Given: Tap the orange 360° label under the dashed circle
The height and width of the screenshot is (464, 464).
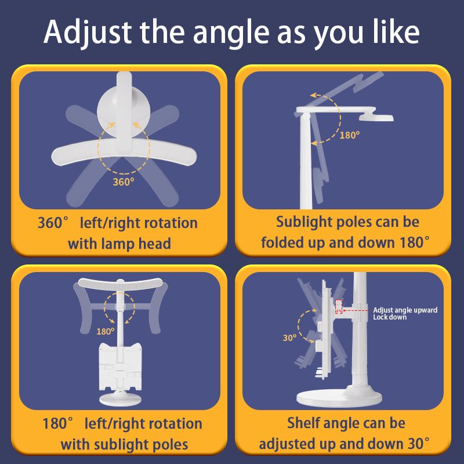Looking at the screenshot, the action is pyautogui.click(x=124, y=182).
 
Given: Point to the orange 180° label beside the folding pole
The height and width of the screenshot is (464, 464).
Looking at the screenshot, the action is pyautogui.click(x=350, y=135).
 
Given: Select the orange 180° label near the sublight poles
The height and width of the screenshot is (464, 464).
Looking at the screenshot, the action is pyautogui.click(x=106, y=331).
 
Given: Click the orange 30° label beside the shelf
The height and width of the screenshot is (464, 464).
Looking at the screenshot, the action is pyautogui.click(x=289, y=338).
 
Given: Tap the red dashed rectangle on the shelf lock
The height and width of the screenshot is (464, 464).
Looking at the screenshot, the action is pyautogui.click(x=339, y=307).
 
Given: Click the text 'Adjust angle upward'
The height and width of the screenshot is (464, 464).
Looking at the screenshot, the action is pyautogui.click(x=405, y=310).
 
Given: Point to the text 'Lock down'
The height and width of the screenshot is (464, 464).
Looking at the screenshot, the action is pyautogui.click(x=390, y=317).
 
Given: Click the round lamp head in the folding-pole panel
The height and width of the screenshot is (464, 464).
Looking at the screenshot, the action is pyautogui.click(x=376, y=118).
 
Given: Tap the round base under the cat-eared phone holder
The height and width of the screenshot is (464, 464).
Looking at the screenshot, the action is pyautogui.click(x=120, y=399).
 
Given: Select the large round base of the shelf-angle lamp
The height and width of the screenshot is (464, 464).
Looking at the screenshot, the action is pyautogui.click(x=339, y=398).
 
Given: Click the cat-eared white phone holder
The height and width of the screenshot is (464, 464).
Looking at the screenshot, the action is pyautogui.click(x=120, y=367).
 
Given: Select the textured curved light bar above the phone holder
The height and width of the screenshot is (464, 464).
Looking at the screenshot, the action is pyautogui.click(x=120, y=284).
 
